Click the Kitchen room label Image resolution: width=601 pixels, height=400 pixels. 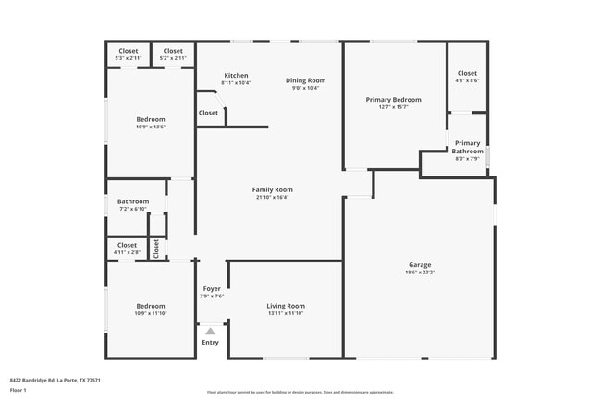pyautogui.click(x=236, y=76)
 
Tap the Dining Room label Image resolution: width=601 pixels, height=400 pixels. pyautogui.click(x=305, y=80)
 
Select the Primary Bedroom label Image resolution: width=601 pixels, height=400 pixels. pyautogui.click(x=393, y=100)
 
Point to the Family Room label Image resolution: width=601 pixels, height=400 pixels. pyautogui.click(x=272, y=189)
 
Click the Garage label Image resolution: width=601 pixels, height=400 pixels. pyautogui.click(x=419, y=265)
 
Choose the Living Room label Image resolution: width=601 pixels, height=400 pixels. pyautogui.click(x=286, y=306)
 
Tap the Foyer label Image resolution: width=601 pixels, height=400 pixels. pyautogui.click(x=212, y=289)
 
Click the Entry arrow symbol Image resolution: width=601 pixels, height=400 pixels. pyautogui.click(x=210, y=330)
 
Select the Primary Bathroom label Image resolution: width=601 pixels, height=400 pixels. pyautogui.click(x=467, y=147)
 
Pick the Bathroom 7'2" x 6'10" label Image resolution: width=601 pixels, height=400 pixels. pyautogui.click(x=133, y=201)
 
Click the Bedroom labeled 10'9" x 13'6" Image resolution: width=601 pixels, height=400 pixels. pyautogui.click(x=151, y=119)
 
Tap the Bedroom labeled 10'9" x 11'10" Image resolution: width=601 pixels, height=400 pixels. pyautogui.click(x=151, y=306)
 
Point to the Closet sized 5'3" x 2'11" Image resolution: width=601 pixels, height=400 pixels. pyautogui.click(x=128, y=51)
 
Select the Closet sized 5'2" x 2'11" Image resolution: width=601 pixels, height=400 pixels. pyautogui.click(x=173, y=51)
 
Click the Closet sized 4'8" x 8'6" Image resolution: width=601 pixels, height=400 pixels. pyautogui.click(x=467, y=73)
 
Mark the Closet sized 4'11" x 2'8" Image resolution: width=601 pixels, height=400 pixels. pyautogui.click(x=127, y=245)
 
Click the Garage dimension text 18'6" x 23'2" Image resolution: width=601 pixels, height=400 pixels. pyautogui.click(x=419, y=273)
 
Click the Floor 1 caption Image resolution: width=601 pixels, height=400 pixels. pyautogui.click(x=18, y=390)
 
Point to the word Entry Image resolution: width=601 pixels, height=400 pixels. pyautogui.click(x=211, y=343)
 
